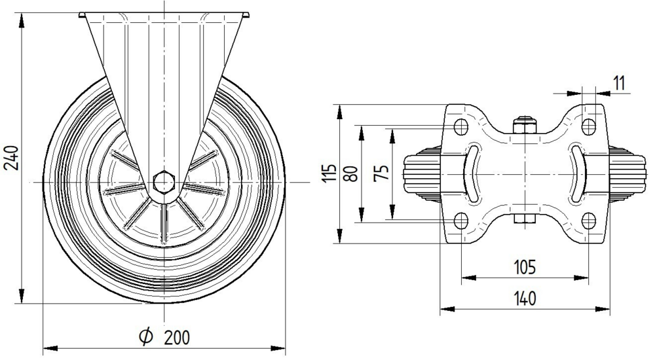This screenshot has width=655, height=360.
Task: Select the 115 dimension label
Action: [331, 173]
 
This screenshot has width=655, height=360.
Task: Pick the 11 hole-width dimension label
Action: [619, 83]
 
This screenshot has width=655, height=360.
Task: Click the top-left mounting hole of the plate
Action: [460, 126]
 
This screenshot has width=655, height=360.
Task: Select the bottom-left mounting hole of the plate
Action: [460, 219]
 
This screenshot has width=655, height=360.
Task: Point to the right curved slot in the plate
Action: [577, 173]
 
